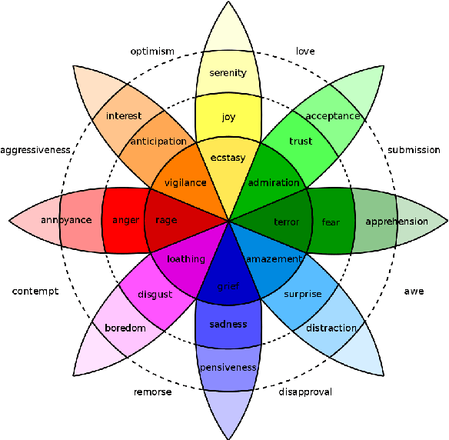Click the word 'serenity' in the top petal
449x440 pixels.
[x=228, y=73]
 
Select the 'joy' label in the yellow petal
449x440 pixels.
[x=228, y=117]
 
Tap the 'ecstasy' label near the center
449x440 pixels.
[x=228, y=158]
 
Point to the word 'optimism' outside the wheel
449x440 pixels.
[x=152, y=52]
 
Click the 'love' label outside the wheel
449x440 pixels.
[x=306, y=52]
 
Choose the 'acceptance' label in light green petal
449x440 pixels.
[x=333, y=116]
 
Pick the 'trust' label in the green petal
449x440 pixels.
[x=301, y=142]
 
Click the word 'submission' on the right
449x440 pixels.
[x=414, y=150]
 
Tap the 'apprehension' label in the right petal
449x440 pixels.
[x=397, y=222]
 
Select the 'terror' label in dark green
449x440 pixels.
[x=286, y=222]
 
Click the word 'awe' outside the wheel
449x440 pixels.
[x=414, y=292]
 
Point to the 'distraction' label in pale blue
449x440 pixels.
[x=331, y=328]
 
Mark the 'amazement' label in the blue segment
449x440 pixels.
[x=272, y=259]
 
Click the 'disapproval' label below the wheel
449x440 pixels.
[x=305, y=392]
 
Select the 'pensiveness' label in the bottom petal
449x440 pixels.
[x=228, y=368]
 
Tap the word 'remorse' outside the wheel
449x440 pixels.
[x=152, y=392]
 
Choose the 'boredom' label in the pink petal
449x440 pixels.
[x=125, y=328]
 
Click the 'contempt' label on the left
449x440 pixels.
[x=35, y=292]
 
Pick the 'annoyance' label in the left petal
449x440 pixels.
[x=67, y=221]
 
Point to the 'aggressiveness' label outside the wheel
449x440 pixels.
[x=36, y=150]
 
